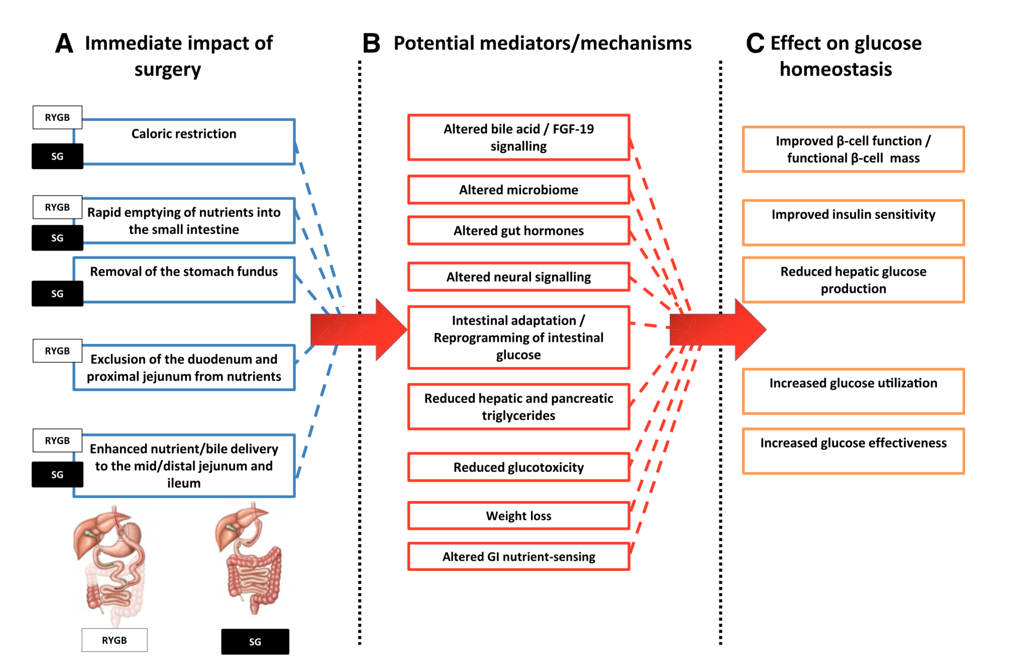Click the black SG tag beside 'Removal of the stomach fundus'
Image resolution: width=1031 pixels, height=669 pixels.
pos(57,293)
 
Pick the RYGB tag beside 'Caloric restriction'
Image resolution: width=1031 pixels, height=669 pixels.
pos(57,118)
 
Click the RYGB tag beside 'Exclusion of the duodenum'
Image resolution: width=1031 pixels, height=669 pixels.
pos(57,351)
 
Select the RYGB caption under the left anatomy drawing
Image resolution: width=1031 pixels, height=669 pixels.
pos(115,640)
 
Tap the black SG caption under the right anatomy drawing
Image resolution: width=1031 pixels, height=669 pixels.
pos(255,641)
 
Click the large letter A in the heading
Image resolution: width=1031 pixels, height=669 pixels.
pos(64,43)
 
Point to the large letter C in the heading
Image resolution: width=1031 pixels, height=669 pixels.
pos(755,43)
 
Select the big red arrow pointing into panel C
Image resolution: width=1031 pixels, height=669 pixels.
pos(718,329)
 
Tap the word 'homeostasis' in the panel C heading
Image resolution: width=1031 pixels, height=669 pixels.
pos(836,69)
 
